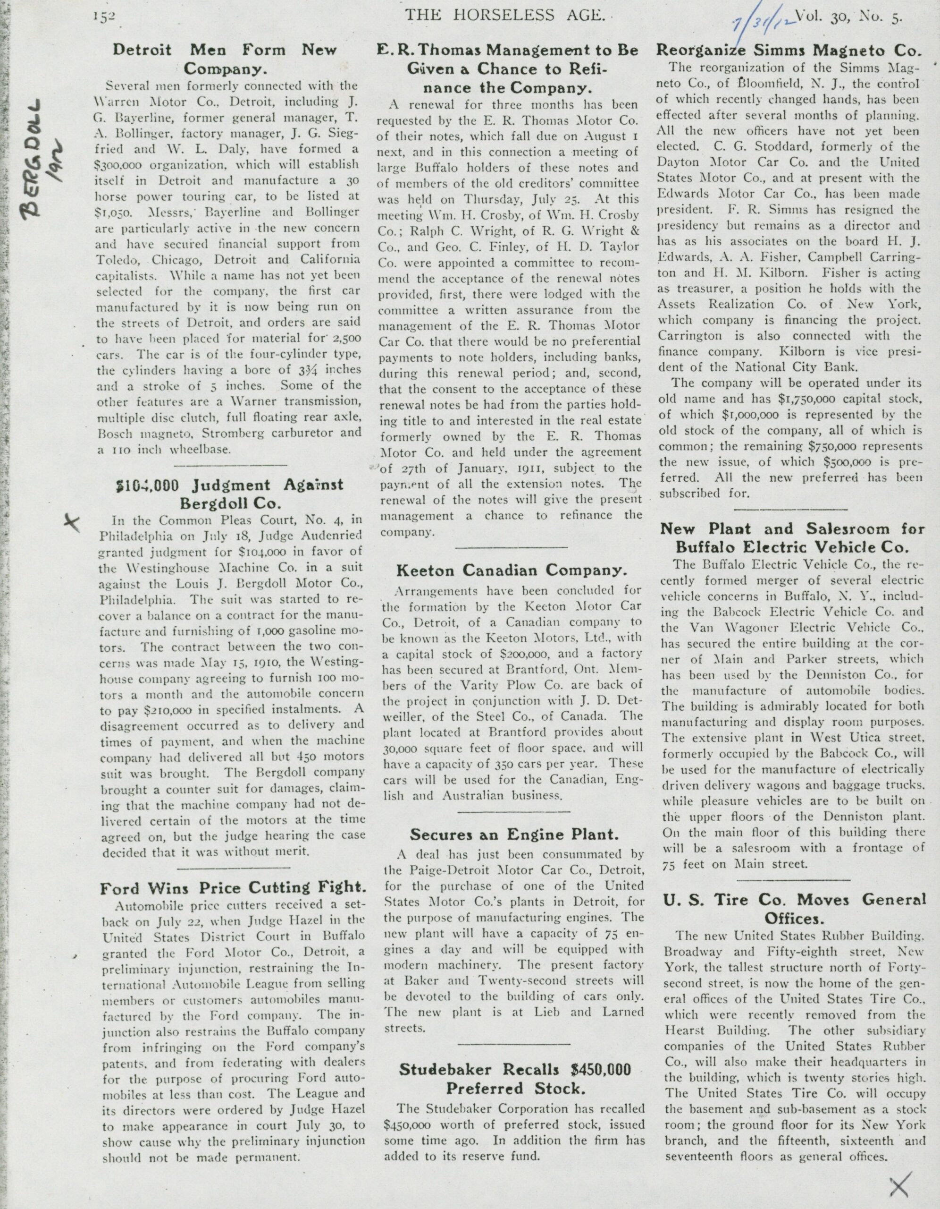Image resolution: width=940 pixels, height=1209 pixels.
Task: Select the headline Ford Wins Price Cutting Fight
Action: [x=232, y=887]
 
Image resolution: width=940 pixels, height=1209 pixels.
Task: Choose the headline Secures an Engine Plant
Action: [x=514, y=834]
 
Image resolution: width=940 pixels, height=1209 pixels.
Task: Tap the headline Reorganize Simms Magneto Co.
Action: [x=789, y=51]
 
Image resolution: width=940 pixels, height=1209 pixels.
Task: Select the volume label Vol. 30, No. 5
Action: [x=850, y=17]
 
